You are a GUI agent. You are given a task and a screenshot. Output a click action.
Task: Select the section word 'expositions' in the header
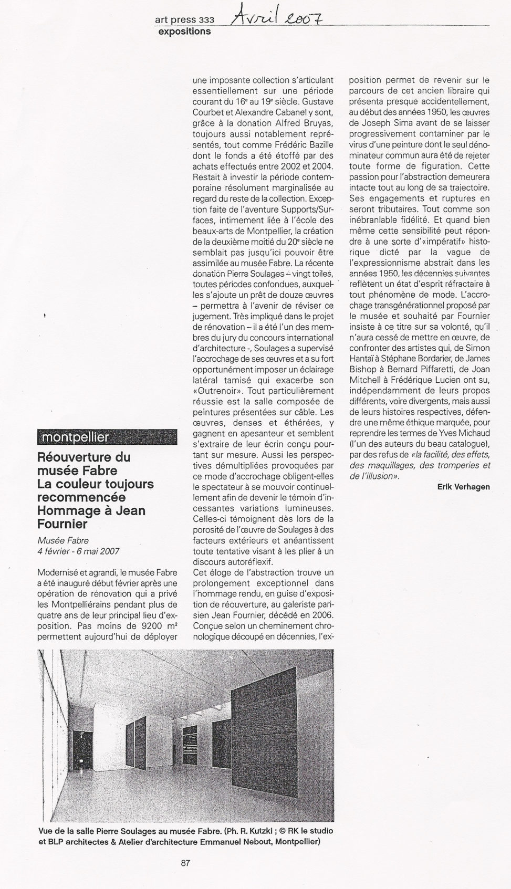click(184, 31)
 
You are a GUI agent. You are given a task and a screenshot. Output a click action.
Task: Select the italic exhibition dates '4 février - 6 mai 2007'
click(78, 551)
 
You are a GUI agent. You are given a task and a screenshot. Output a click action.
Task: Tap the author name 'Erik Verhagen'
click(463, 487)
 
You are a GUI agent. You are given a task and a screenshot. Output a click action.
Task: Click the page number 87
click(185, 863)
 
